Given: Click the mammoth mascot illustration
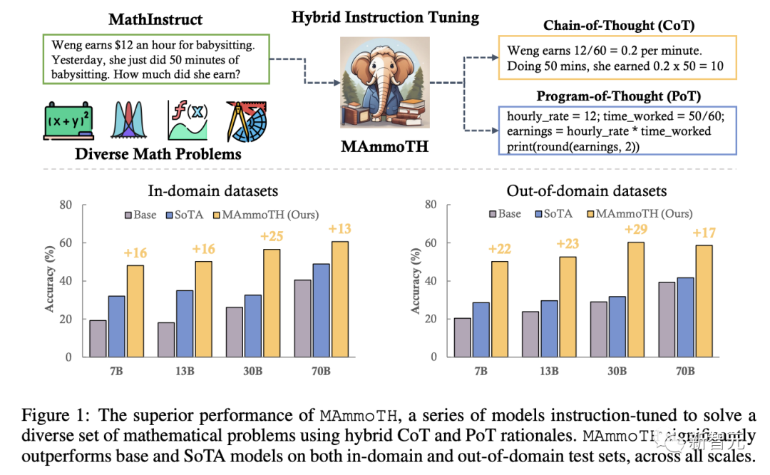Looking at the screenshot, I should click(x=385, y=80).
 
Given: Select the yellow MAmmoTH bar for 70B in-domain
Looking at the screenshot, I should click(x=339, y=299).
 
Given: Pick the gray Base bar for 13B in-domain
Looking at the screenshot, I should click(x=166, y=339).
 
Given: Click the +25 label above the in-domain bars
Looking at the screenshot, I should click(x=272, y=236).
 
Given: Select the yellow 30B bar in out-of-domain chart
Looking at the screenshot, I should click(x=635, y=300).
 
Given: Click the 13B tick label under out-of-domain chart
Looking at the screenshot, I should click(x=549, y=371).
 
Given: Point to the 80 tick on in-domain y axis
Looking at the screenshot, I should click(x=66, y=205).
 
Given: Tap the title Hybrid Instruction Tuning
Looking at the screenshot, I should click(x=385, y=17).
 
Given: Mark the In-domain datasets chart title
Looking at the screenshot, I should click(x=212, y=190).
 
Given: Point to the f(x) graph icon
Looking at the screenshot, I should click(x=187, y=119).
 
